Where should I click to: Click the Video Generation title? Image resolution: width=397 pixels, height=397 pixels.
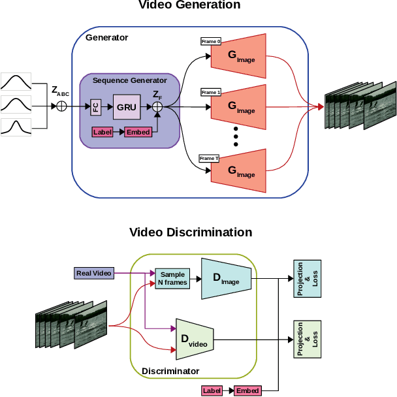pyautogui.click(x=189, y=6)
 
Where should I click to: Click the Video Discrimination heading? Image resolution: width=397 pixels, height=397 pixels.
pyautogui.click(x=190, y=232)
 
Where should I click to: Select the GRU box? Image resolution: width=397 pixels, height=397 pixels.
pyautogui.click(x=127, y=106)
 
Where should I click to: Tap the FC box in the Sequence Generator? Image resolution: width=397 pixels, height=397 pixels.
pyautogui.click(x=96, y=107)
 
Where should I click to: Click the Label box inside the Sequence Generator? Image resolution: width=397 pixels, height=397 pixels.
pyautogui.click(x=103, y=132)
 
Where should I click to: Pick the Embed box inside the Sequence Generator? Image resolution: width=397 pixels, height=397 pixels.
pyautogui.click(x=138, y=132)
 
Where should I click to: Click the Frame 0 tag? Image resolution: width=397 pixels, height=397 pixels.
pyautogui.click(x=211, y=41)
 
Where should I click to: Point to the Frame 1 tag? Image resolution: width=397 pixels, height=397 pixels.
pyautogui.click(x=211, y=92)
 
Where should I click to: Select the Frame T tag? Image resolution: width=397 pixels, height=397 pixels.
pyautogui.click(x=210, y=158)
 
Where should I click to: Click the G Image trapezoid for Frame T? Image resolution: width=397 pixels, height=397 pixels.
pyautogui.click(x=240, y=171)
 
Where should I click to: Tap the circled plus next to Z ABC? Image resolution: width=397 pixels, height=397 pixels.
pyautogui.click(x=62, y=106)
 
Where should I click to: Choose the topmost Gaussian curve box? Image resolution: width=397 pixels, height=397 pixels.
pyautogui.click(x=21, y=82)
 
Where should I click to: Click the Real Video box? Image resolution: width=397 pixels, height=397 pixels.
pyautogui.click(x=94, y=273)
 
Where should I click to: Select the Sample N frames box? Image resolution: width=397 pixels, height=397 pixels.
pyautogui.click(x=172, y=279)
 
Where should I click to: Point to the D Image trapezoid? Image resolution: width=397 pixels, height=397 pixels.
pyautogui.click(x=225, y=278)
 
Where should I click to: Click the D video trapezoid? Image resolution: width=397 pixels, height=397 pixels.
pyautogui.click(x=195, y=339)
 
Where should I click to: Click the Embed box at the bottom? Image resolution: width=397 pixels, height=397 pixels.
pyautogui.click(x=247, y=390)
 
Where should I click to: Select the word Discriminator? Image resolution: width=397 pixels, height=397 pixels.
pyautogui.click(x=170, y=371)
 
